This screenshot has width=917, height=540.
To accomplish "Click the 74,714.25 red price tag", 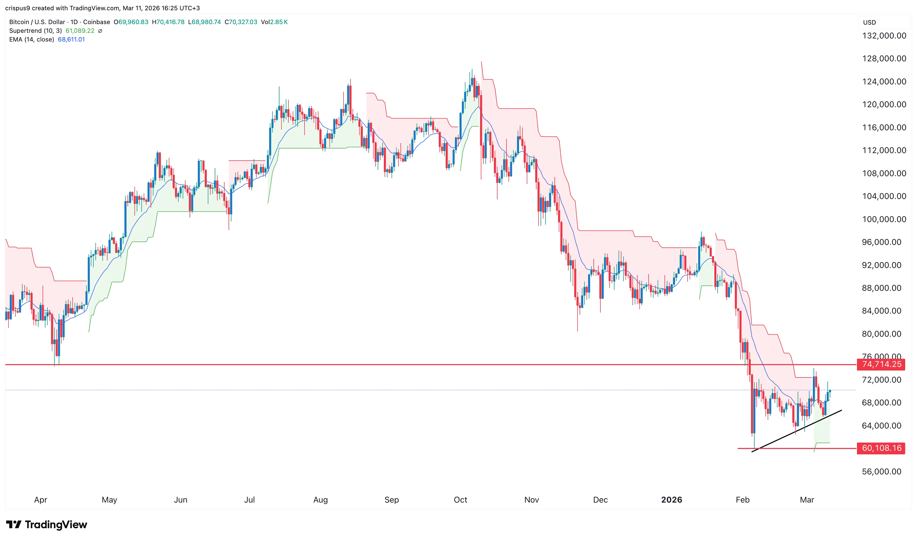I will pos(881,364).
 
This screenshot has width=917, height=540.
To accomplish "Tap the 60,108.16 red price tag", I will pos(881,448).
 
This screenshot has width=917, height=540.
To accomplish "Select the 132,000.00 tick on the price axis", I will pos(884,36).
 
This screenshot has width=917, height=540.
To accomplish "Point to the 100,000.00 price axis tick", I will pos(884,219).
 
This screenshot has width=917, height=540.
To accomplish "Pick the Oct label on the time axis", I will pos(460,499).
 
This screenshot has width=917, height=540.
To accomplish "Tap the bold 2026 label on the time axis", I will pos(671,499).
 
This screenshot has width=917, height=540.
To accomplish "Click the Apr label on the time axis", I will pos(40,499).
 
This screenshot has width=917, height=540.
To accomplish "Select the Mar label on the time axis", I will pos(807,499).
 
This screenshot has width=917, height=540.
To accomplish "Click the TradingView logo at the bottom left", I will pos(47,524).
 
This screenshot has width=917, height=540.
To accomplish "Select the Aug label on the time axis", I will pos(320,499).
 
